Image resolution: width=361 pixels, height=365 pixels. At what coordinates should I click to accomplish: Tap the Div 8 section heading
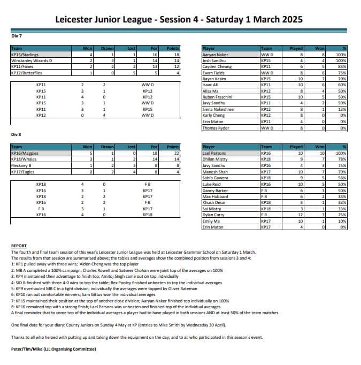[x=16, y=134]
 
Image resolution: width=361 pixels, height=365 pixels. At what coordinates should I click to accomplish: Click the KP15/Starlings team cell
[x=25, y=55]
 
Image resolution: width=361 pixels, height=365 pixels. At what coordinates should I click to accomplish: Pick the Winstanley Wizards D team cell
[x=32, y=60]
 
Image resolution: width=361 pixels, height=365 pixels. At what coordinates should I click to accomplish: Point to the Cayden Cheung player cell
[x=217, y=66]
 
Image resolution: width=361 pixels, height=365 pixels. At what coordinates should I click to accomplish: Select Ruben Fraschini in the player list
[x=219, y=97]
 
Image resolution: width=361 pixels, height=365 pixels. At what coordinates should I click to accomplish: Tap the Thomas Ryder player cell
[x=216, y=128]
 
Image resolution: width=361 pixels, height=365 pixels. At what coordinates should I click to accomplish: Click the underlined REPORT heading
[x=19, y=246]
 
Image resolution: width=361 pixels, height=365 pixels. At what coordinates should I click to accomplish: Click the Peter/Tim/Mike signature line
[x=53, y=349]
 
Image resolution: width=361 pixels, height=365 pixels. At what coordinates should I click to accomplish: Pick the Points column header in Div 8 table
[x=173, y=147]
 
